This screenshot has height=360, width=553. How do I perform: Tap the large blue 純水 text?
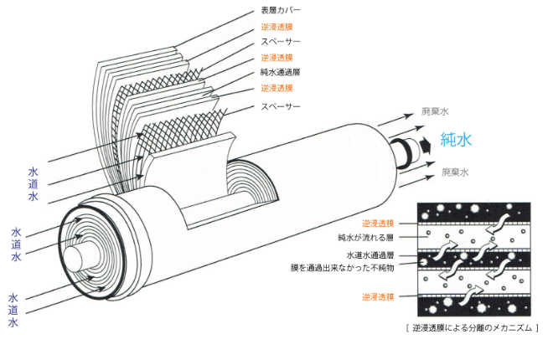(x=457, y=139)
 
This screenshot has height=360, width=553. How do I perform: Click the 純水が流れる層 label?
(x=366, y=238)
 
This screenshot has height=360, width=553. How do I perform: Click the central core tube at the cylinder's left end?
(x=73, y=253)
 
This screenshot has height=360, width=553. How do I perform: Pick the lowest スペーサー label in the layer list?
(x=281, y=107)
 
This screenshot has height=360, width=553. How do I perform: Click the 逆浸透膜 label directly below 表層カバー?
(x=276, y=27)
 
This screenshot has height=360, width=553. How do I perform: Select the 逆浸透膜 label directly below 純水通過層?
(x=276, y=88)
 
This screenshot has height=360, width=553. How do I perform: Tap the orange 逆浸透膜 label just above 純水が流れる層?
(x=378, y=224)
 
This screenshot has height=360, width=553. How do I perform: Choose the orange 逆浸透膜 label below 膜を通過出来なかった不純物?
(x=378, y=296)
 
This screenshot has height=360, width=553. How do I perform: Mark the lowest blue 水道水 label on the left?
(x=13, y=310)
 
